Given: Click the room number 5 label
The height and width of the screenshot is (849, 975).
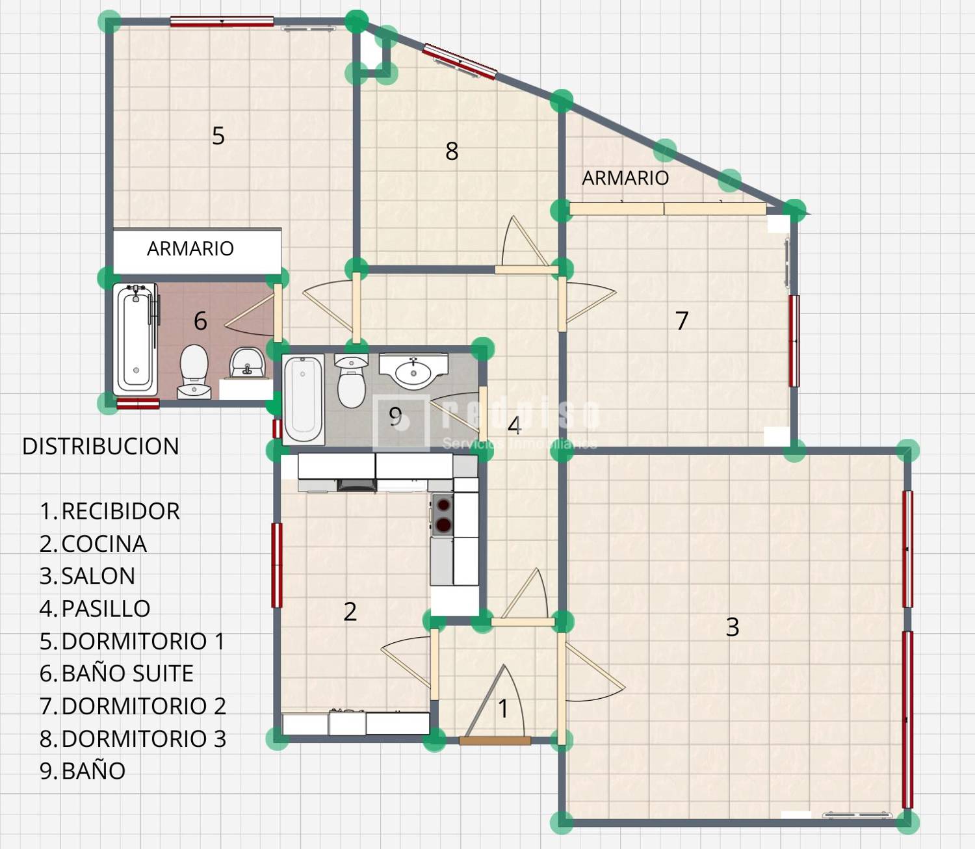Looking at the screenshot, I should coord(218,136).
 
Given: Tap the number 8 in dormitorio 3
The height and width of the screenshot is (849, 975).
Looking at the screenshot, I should coord(452,151).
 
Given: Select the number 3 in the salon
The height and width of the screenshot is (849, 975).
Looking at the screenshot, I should coord(733,627).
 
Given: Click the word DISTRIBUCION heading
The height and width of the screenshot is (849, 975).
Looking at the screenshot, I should coord(101,447).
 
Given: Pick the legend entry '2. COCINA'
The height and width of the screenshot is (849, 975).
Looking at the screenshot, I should coord(93,544).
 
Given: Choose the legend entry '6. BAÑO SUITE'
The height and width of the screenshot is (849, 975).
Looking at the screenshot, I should coord(116,673).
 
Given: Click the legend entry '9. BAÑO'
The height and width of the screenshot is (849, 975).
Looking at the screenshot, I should coord(83,771).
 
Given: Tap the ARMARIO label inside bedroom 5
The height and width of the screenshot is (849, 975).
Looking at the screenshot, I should coord(190,248).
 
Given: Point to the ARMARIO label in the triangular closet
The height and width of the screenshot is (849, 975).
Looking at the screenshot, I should coord(625,178).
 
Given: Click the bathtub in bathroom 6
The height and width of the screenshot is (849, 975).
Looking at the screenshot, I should coord(135,339).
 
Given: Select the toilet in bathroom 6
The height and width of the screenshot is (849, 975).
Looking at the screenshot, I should coord(194,371).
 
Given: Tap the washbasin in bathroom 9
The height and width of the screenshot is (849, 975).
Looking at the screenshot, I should coord(413,371).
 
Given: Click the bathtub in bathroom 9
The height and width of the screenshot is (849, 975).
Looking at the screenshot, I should coord(303,398).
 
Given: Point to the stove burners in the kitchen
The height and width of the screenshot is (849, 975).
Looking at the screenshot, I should coord(443,514).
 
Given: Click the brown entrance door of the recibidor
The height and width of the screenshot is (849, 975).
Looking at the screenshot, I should coord(495,740).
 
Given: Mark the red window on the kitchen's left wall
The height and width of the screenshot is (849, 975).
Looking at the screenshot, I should coord(277,565).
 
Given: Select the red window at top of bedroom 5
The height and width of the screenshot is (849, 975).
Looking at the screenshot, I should coord(222,21).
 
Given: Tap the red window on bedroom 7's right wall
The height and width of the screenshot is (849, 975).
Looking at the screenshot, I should coord(794,341).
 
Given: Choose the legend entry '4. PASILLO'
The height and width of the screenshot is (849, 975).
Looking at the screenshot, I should coord(95,608).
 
